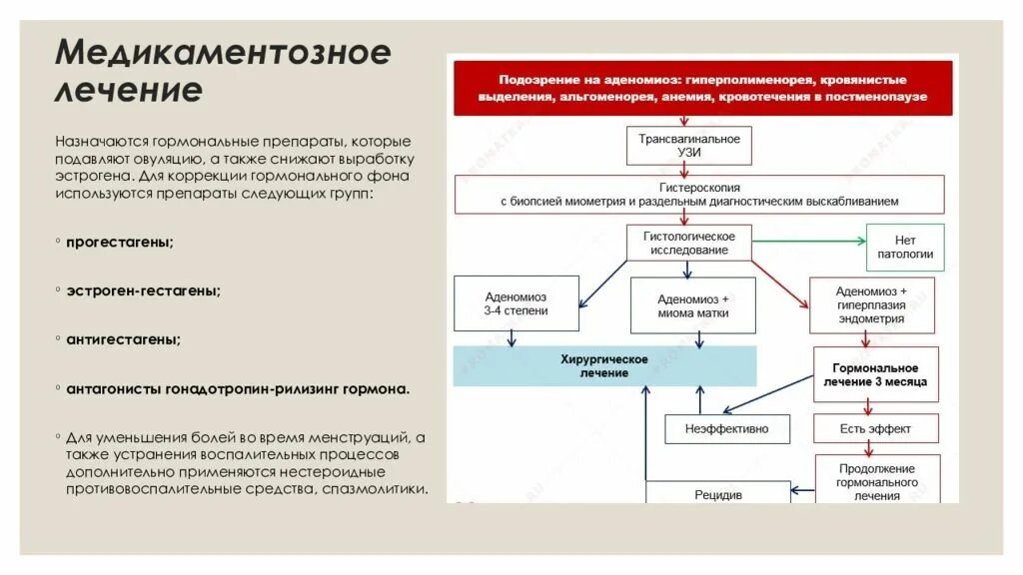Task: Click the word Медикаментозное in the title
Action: [x=222, y=52]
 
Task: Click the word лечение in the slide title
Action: [x=128, y=90]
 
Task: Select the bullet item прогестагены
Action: [x=120, y=243]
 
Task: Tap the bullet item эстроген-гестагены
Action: [x=144, y=290]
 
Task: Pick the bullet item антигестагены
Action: [x=124, y=339]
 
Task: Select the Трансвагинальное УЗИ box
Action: [x=689, y=146]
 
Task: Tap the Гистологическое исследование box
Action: [x=689, y=243]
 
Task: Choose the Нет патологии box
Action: [x=905, y=247]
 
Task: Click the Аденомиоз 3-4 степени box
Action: [x=515, y=304]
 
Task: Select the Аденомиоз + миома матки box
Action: [x=692, y=305]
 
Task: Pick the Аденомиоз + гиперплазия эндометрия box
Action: [x=870, y=305]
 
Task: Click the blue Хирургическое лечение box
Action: [x=604, y=365]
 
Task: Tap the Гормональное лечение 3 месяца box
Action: [x=874, y=374]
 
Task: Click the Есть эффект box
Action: [x=875, y=429]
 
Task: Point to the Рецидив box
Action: [x=717, y=493]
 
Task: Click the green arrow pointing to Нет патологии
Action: [x=809, y=241]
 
